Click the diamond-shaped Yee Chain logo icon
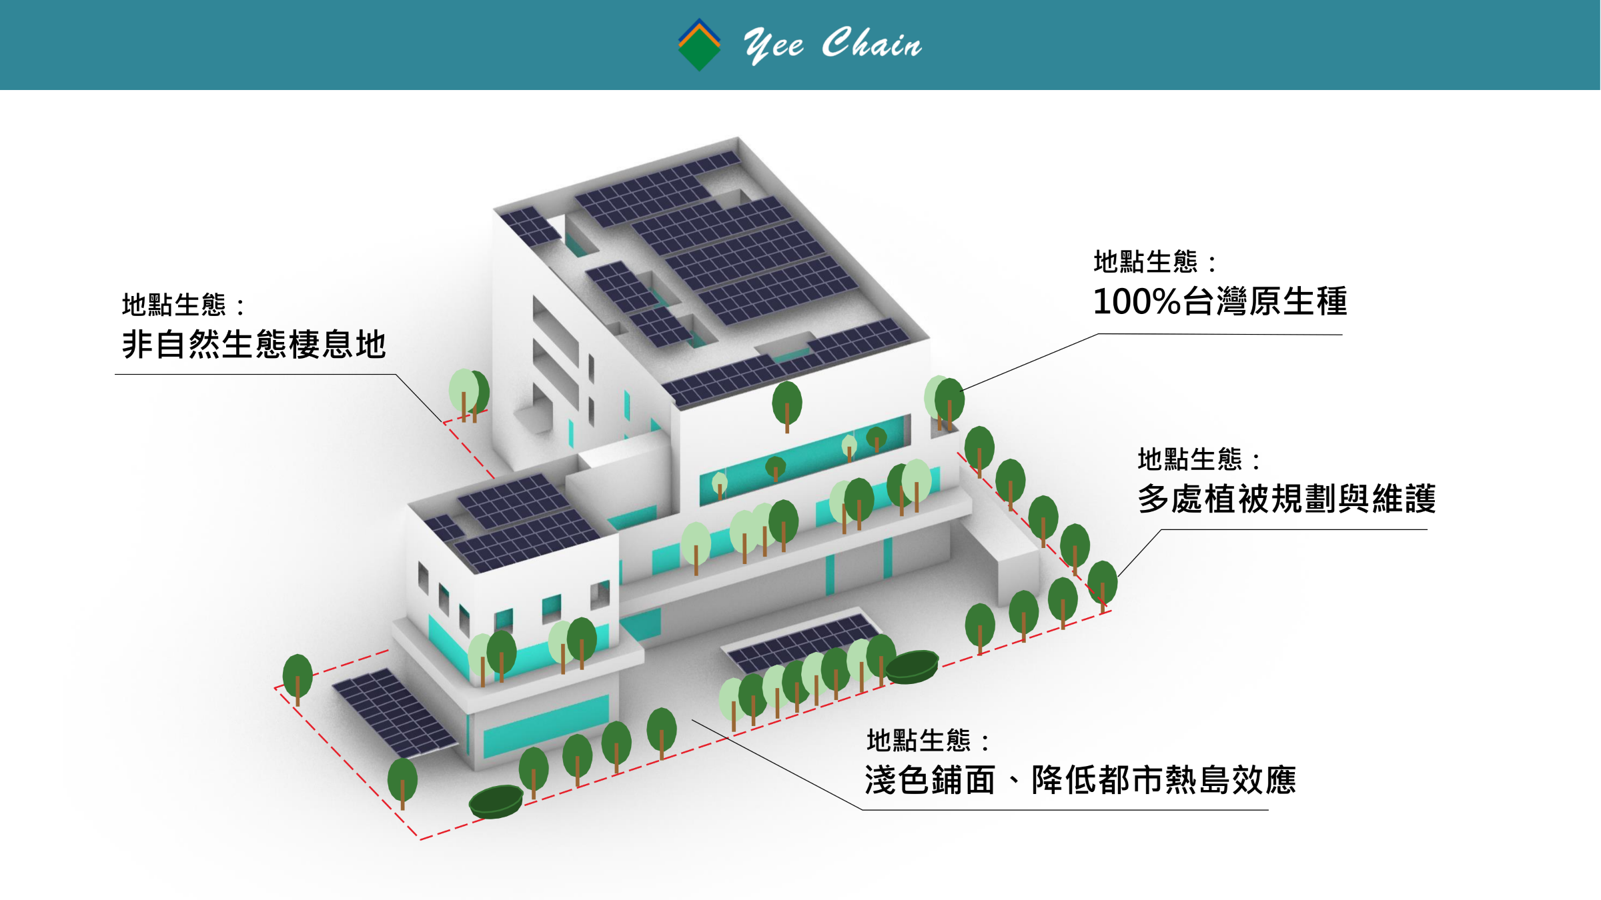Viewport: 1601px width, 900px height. tap(699, 45)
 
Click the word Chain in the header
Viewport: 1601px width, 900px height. tap(871, 44)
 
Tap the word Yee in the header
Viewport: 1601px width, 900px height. tap(774, 45)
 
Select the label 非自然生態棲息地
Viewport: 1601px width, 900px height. tap(253, 345)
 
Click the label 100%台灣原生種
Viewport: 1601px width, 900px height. tap(1219, 301)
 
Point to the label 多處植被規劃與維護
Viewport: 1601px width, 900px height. tap(1286, 499)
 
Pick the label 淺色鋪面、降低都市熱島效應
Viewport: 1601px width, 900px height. tap(1080, 780)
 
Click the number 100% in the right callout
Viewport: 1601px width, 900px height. tap(1137, 301)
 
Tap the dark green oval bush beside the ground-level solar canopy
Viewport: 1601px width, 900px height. tap(912, 666)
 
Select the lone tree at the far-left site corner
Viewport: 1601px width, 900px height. tap(298, 677)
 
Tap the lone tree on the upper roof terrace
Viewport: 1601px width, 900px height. tap(787, 403)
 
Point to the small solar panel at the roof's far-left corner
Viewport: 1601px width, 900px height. tap(530, 226)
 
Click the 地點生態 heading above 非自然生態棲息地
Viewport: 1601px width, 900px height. tap(174, 305)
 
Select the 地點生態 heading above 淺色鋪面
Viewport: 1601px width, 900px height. tap(919, 741)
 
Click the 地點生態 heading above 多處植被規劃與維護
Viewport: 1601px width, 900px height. tap(1189, 459)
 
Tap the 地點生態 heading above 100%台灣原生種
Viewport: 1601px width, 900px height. tap(1145, 262)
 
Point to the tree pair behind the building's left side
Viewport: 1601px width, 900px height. tap(469, 393)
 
